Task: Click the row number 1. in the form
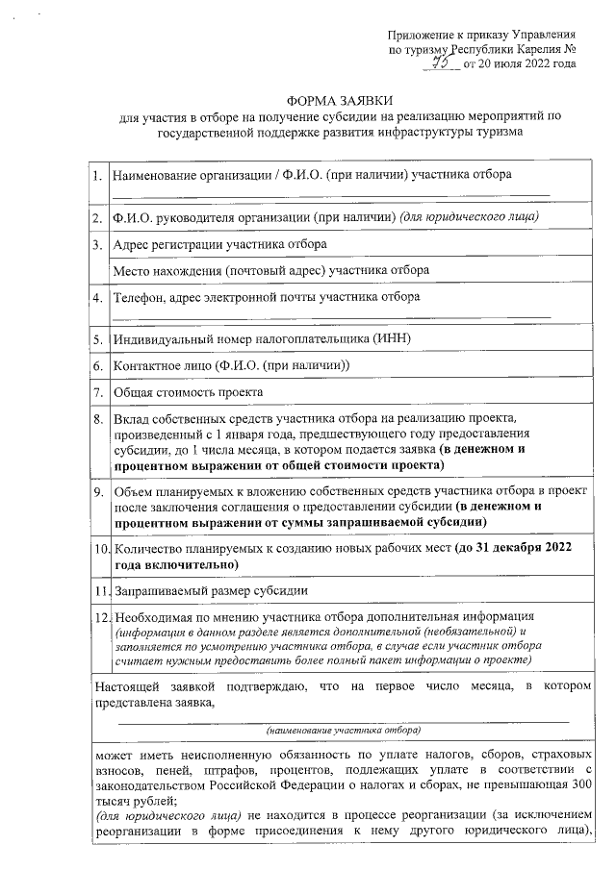pos(99,176)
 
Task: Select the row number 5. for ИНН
pos(99,339)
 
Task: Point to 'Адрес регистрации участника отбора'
pos(220,245)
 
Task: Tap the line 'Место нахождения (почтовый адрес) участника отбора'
pos(270,271)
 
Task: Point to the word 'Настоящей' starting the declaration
pos(127,687)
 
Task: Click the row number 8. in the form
pos(99,419)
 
